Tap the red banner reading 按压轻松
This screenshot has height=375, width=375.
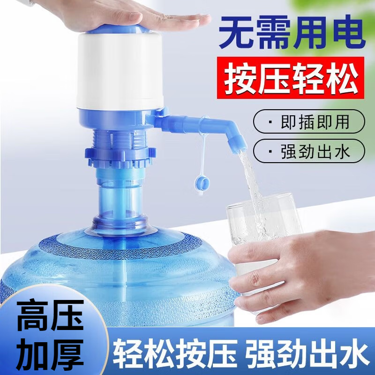291,78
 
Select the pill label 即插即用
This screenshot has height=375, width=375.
309,121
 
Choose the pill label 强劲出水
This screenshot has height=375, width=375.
309,151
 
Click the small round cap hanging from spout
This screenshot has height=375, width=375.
202,184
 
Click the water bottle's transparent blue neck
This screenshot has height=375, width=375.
120,203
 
